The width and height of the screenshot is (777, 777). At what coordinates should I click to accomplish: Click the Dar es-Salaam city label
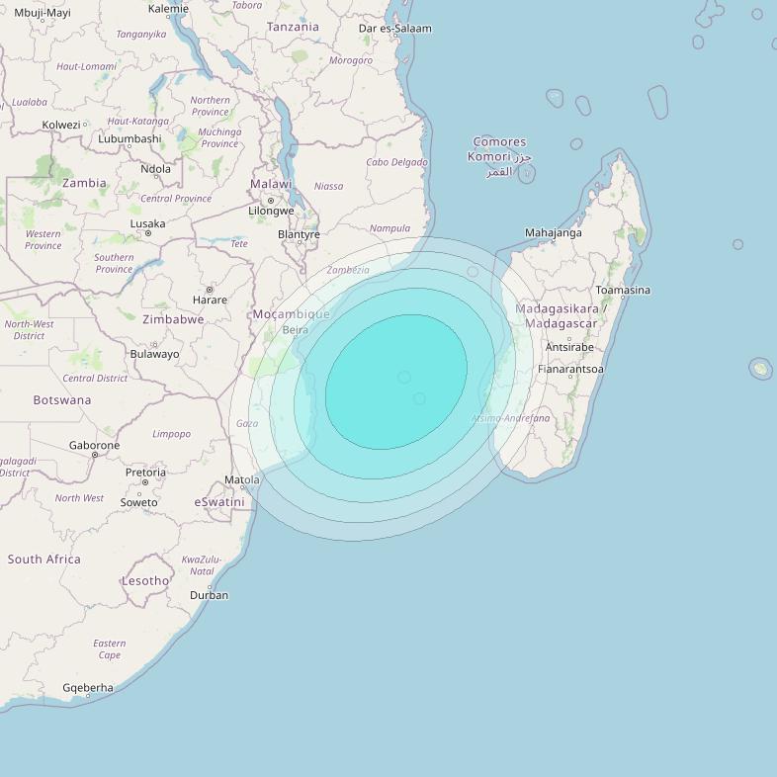(x=394, y=29)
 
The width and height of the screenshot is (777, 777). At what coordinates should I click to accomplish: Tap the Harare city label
(x=210, y=300)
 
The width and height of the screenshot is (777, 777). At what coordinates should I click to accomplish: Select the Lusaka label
(x=148, y=223)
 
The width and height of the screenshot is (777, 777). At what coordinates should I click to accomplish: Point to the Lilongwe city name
(x=271, y=211)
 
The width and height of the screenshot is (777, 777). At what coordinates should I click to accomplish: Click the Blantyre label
(x=299, y=234)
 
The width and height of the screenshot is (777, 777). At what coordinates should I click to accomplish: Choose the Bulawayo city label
(x=155, y=354)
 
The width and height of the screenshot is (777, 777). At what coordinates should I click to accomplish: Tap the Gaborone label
(x=94, y=445)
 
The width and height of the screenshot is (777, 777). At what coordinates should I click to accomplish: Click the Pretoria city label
(x=145, y=473)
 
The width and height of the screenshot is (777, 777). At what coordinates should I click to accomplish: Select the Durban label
(x=209, y=595)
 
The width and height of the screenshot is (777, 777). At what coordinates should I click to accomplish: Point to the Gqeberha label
(x=88, y=688)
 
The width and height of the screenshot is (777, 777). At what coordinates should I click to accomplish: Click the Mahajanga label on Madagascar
(x=553, y=233)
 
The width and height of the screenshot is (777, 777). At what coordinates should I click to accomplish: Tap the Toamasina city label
(x=623, y=290)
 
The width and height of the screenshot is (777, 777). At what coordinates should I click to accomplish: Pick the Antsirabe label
(x=569, y=347)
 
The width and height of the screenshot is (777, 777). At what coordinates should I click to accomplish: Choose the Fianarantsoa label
(x=570, y=369)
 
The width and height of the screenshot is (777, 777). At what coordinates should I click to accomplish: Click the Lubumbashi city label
(x=129, y=138)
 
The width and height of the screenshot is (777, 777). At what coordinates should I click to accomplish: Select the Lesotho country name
(x=145, y=580)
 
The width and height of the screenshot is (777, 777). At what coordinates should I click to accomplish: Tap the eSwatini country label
(x=218, y=502)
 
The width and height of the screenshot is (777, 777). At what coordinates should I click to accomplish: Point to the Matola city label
(x=242, y=480)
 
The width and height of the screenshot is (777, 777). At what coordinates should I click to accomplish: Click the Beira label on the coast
(x=295, y=330)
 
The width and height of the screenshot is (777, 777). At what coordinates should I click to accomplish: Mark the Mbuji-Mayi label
(x=43, y=13)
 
